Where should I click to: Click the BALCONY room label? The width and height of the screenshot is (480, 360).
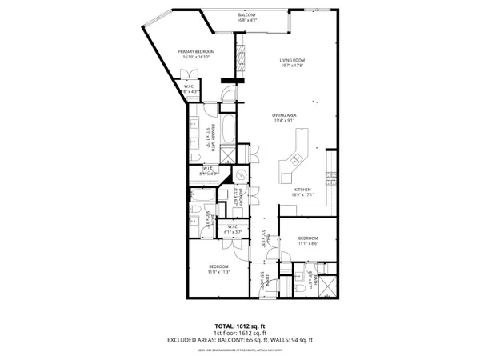[247, 16]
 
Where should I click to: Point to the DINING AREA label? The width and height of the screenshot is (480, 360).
[286, 115]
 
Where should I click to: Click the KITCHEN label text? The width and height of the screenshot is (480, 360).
[302, 189]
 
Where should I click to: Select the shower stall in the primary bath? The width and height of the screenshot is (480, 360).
[228, 154]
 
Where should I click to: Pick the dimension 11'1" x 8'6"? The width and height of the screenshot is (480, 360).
[309, 244]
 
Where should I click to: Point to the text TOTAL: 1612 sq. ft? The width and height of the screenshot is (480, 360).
[240, 326]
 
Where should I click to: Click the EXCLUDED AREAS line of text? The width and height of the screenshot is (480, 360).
[240, 340]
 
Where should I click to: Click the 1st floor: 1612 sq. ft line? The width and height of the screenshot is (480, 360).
[240, 334]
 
